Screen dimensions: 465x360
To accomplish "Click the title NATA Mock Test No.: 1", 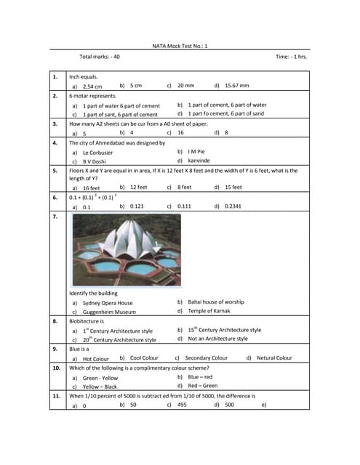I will coord(180,46).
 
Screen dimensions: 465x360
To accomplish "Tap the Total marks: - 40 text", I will coord(100,57).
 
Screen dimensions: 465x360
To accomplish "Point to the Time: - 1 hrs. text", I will coord(291,57).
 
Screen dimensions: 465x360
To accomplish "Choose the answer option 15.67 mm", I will coord(236,85).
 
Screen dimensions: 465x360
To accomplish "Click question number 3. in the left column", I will coord(55,124).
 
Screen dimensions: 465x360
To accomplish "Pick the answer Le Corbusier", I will coord(98,153).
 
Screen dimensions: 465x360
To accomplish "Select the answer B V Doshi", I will coord(96,161).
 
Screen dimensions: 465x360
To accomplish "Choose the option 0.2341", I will coord(233,206).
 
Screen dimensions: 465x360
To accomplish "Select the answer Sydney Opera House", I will coord(108,302).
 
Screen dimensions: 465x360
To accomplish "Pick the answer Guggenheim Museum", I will coord(109,312).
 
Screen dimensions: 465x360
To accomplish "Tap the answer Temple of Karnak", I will coord(209,311).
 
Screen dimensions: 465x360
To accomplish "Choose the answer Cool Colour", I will coord(144,357).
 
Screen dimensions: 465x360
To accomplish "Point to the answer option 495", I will coord(183,405).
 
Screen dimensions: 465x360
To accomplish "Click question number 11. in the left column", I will coord(55,396).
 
